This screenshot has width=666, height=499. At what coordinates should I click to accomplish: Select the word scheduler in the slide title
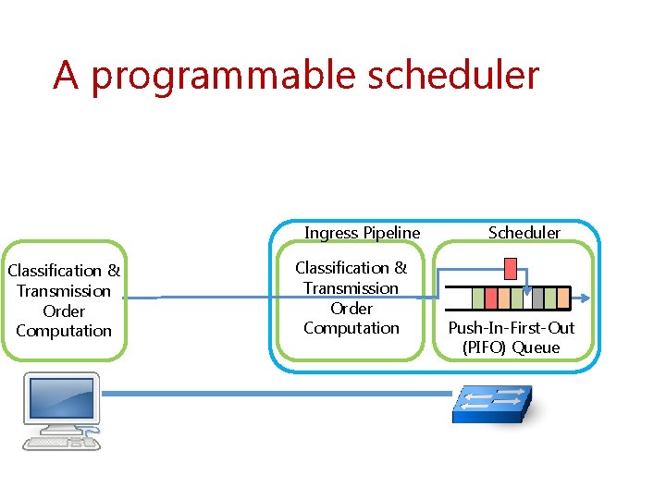click(452, 74)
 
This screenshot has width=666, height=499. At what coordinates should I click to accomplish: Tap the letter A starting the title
click(65, 74)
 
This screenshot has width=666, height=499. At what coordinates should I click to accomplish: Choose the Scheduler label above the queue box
click(524, 233)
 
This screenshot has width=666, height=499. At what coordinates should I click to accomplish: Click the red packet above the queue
click(510, 269)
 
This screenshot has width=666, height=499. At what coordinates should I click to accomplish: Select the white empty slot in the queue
click(527, 298)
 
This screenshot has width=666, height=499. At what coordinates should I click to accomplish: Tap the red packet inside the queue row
click(492, 298)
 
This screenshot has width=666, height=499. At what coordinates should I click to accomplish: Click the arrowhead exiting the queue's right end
click(589, 298)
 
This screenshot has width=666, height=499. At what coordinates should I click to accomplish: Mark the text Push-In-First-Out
click(512, 328)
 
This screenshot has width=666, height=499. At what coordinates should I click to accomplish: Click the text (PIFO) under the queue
click(484, 347)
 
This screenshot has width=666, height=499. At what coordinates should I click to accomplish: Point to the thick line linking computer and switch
click(277, 393)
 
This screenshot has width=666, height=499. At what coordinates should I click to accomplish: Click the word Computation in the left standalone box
click(64, 331)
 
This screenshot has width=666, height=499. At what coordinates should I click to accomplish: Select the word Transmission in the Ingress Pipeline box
click(351, 288)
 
